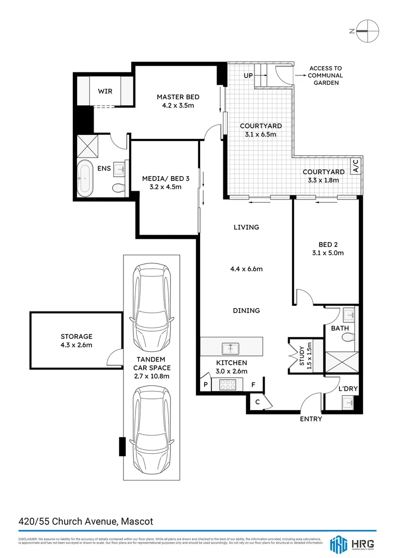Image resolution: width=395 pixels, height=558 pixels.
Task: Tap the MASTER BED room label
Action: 178,97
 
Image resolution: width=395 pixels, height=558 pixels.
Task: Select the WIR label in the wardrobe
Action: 105,91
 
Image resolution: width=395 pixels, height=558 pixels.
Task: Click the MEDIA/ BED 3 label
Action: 165,179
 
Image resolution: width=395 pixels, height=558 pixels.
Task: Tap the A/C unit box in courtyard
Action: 356,166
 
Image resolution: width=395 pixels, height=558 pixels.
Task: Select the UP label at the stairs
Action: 248,75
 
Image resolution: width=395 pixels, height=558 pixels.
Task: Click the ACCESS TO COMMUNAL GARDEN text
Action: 325,75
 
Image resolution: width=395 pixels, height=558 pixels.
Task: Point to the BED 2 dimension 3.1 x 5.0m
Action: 327,253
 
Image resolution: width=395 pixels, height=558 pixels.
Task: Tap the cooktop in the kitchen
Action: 227,384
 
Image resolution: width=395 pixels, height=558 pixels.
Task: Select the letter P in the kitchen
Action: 205,385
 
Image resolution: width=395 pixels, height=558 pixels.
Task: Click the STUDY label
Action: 302,354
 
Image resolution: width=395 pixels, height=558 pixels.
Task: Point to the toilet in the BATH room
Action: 348,338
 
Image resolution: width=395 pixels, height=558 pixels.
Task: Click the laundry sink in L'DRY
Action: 349,402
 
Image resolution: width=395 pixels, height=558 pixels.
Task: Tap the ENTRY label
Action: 311,419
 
